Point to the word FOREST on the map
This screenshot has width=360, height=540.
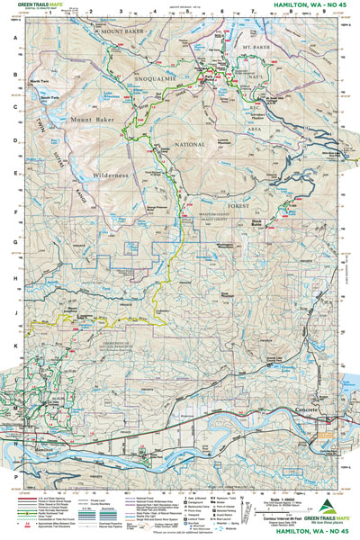274,178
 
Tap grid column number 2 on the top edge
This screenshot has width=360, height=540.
94,13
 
